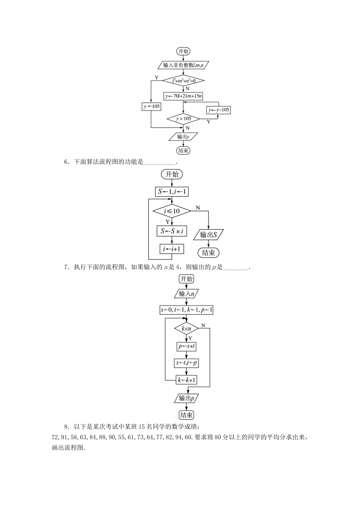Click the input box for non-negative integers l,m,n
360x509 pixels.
[x=183, y=65]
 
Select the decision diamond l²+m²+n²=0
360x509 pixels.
[x=183, y=80]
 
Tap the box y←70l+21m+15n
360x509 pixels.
[x=183, y=96]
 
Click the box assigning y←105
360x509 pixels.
[x=151, y=107]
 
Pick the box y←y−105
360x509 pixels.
[x=219, y=110]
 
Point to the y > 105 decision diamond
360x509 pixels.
[x=183, y=119]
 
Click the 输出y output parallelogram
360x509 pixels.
[x=183, y=137]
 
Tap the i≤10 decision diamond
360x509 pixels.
[x=172, y=211]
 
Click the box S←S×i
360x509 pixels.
[x=172, y=231]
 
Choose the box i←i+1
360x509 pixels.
[x=172, y=249]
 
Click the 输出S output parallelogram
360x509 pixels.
[x=208, y=235]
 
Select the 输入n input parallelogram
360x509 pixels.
[x=186, y=294]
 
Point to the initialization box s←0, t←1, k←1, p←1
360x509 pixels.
[x=186, y=310]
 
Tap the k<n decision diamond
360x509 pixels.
[x=186, y=329]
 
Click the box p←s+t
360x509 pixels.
[x=186, y=346]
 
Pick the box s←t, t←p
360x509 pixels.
[x=186, y=363]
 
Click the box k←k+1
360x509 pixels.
[x=186, y=379]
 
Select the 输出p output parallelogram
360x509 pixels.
[x=186, y=398]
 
